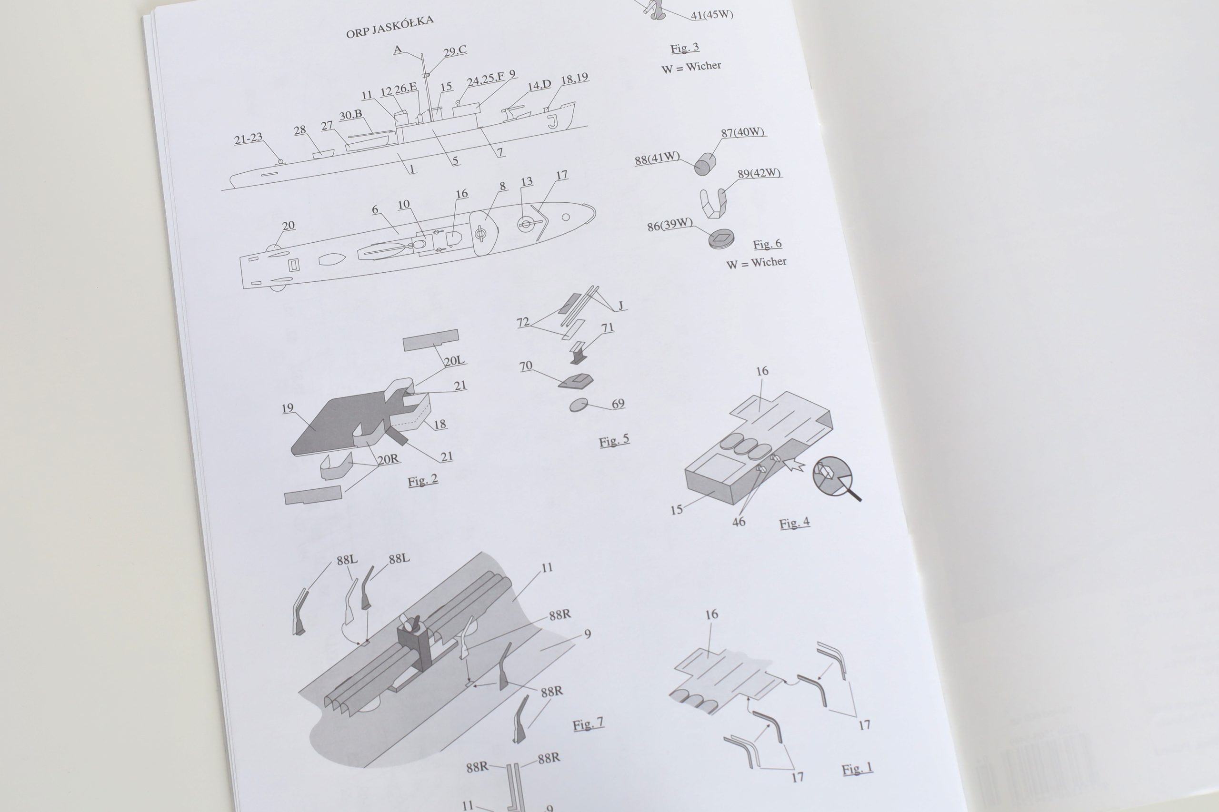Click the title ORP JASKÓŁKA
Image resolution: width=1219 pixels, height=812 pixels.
(390, 27)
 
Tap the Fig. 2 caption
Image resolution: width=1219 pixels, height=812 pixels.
(423, 480)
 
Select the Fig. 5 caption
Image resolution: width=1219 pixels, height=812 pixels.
(614, 440)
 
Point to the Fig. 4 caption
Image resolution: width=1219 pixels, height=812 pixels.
(794, 523)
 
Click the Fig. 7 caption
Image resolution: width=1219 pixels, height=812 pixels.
(588, 723)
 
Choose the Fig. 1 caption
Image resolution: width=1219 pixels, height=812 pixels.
(858, 769)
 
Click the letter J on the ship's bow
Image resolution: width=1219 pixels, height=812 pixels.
(553, 122)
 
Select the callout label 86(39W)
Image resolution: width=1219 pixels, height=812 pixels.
(669, 224)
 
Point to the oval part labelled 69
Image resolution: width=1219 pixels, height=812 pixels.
(579, 405)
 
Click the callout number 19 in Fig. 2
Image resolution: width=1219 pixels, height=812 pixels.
(288, 407)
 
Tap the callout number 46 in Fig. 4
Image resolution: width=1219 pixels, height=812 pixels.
(739, 522)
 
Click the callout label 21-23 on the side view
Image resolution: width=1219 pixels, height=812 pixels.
(248, 138)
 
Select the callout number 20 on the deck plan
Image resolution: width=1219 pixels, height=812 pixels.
(289, 225)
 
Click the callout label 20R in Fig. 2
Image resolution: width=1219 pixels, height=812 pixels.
(388, 459)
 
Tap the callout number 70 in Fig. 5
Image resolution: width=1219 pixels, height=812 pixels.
(526, 366)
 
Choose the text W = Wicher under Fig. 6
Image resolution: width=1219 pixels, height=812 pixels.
(756, 263)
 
